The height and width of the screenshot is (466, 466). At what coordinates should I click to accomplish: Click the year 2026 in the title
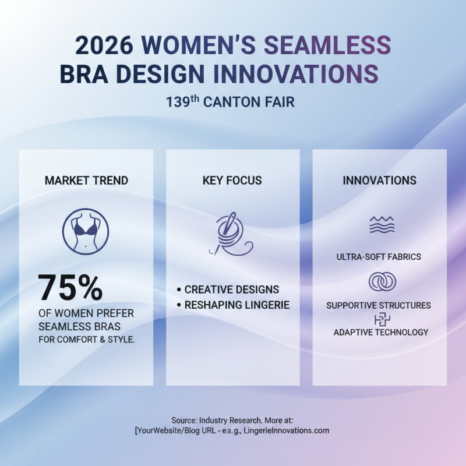[x=105, y=45]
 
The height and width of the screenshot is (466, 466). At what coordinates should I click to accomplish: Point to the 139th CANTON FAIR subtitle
[x=230, y=102]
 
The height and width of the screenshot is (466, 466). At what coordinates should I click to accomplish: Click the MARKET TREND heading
[x=86, y=181]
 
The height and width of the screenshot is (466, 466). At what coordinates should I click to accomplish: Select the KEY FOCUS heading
[x=232, y=181]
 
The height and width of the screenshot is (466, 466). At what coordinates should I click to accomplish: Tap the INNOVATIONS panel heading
[x=379, y=181]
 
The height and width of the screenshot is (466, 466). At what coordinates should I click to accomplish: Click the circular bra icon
[x=86, y=231]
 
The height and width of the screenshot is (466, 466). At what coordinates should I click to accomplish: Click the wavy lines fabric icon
[x=382, y=225]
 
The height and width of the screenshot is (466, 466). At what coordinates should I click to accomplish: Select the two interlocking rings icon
[x=382, y=282]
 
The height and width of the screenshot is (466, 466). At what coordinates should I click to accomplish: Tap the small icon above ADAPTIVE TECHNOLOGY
[x=382, y=319]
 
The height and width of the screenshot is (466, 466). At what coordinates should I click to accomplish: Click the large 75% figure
[x=70, y=288]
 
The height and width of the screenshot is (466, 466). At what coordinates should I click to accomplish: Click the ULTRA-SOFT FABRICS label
[x=379, y=257]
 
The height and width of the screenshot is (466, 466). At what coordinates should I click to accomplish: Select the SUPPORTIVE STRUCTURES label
[x=379, y=305]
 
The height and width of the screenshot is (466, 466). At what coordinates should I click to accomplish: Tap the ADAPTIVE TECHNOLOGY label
[x=381, y=332]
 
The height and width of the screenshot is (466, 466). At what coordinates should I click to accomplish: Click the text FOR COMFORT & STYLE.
[x=86, y=340]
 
